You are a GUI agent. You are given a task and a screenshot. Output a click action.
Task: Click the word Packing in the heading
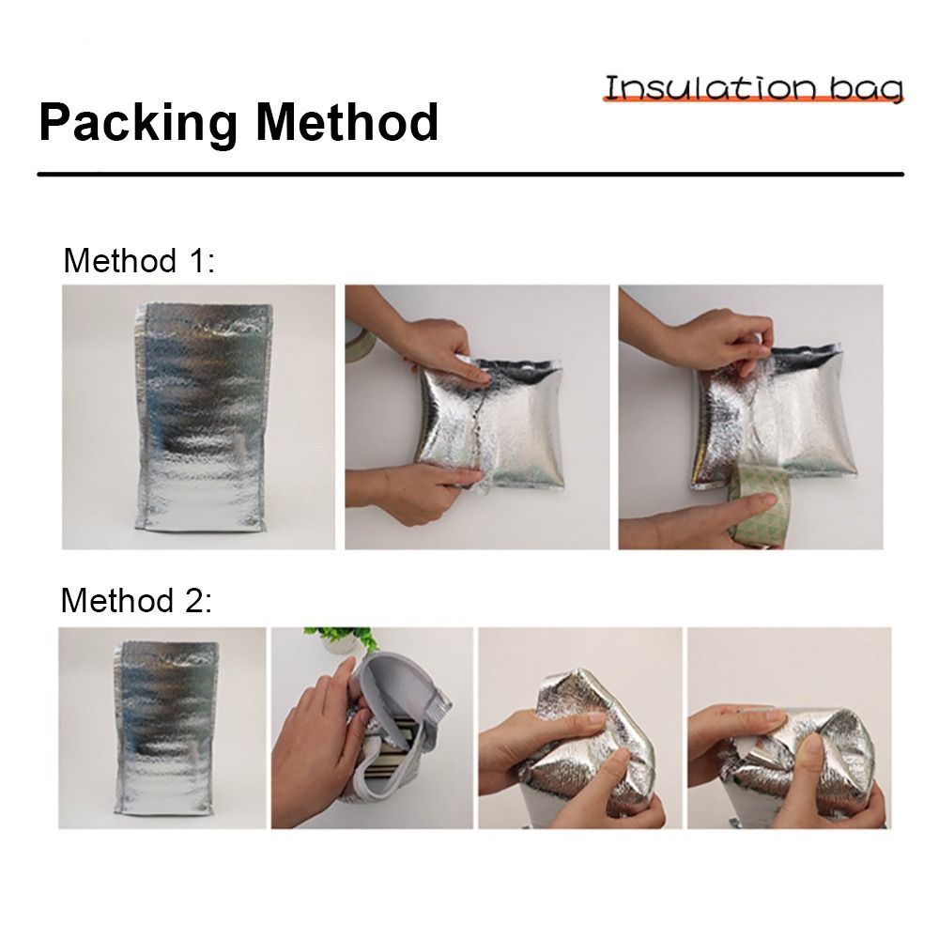tap(138, 123)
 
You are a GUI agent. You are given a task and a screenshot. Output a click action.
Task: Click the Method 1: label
tap(139, 260)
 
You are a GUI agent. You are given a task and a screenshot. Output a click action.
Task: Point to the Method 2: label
tap(136, 600)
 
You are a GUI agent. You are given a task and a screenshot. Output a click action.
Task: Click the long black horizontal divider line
tap(470, 175)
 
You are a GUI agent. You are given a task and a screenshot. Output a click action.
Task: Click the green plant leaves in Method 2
tap(342, 639)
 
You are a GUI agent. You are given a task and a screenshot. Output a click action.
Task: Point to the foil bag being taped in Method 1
tap(773, 417)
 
